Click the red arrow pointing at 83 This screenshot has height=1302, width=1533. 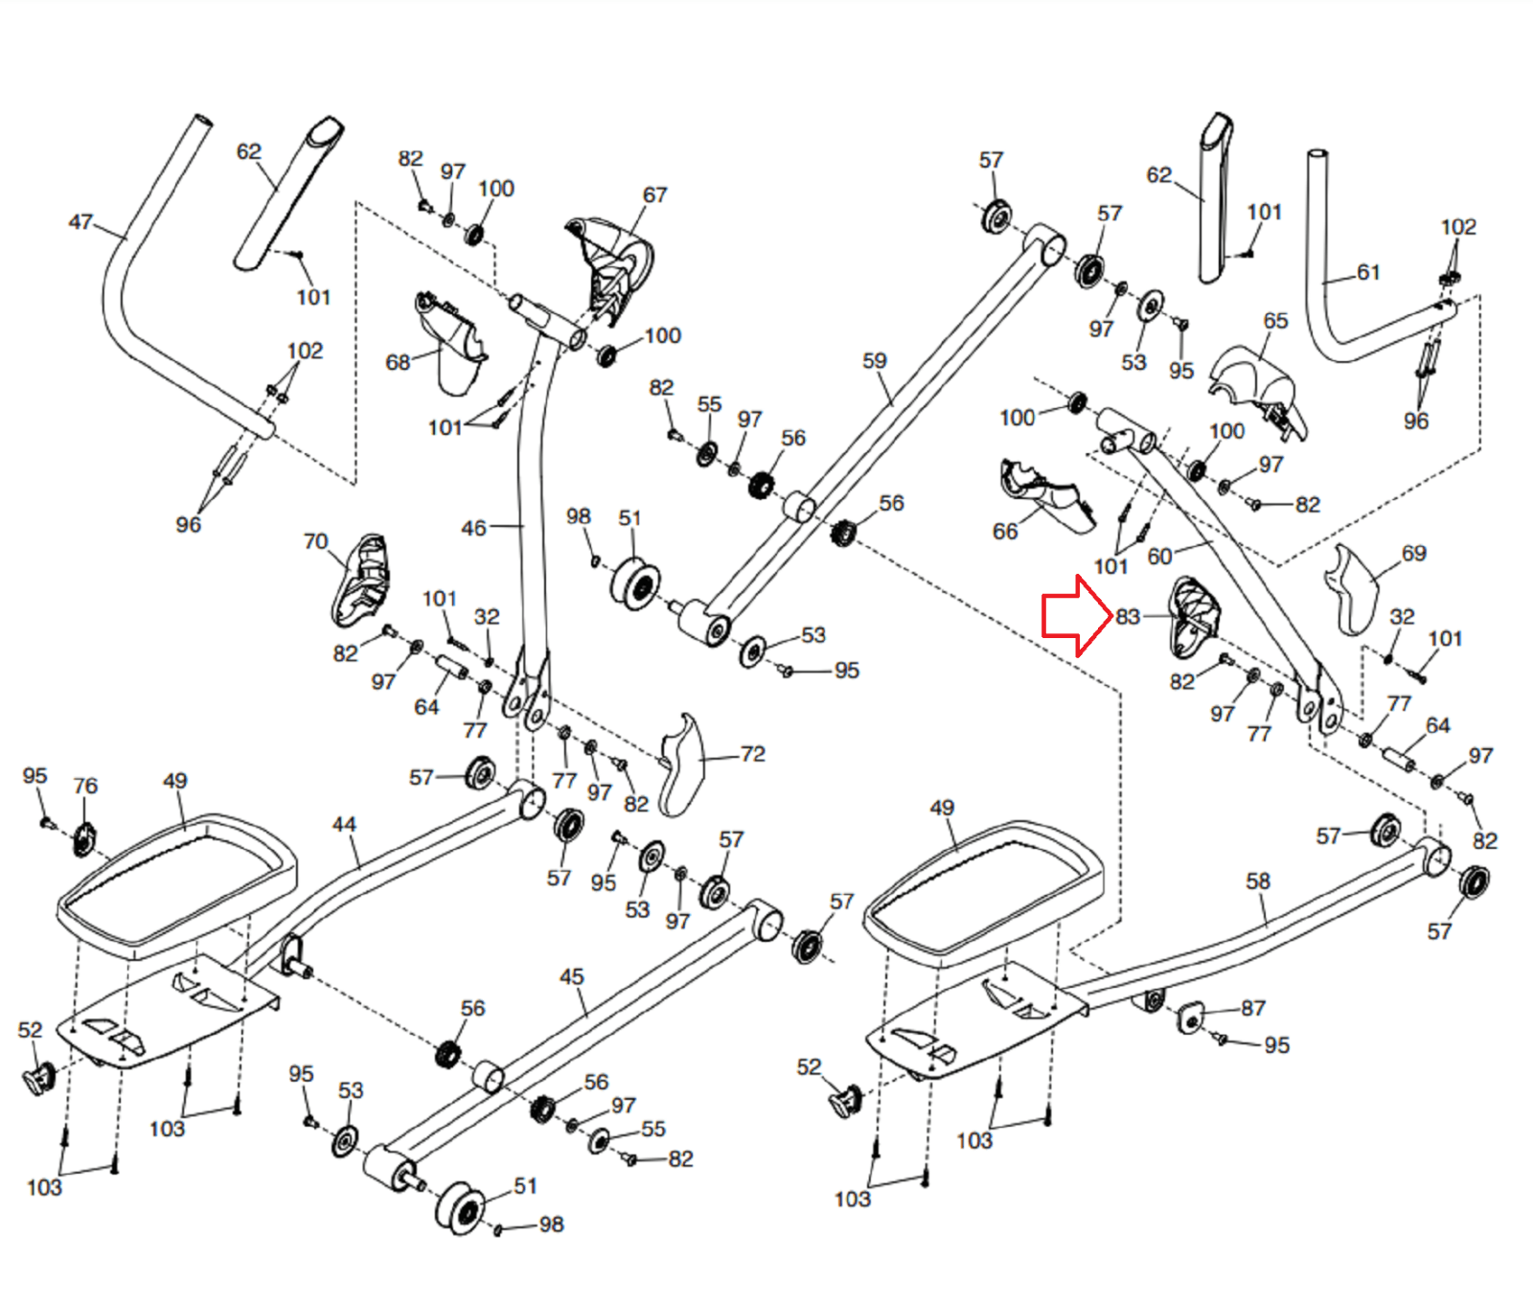(1077, 616)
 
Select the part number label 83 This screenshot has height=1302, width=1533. (1129, 617)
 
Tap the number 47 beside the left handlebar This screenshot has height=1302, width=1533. (80, 222)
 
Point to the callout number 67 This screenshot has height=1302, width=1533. (654, 194)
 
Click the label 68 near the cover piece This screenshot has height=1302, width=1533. (398, 362)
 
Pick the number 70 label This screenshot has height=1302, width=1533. (315, 541)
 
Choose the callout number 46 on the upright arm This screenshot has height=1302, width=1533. (473, 528)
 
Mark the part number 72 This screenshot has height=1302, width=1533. (753, 754)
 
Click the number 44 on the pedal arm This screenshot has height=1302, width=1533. (344, 824)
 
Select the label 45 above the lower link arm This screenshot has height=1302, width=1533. (571, 976)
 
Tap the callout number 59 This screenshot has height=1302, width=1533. (875, 361)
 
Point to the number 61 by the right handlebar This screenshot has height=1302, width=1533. (1368, 273)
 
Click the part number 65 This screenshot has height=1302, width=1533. (1275, 320)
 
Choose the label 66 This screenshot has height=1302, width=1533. (1005, 531)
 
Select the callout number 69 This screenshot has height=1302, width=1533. (1413, 553)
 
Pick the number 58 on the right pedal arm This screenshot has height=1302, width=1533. (1258, 880)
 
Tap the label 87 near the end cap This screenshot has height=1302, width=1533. (1253, 1008)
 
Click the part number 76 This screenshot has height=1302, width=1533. (85, 786)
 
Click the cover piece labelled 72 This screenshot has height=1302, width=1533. (682, 765)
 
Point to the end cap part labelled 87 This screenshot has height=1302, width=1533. (1189, 1017)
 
